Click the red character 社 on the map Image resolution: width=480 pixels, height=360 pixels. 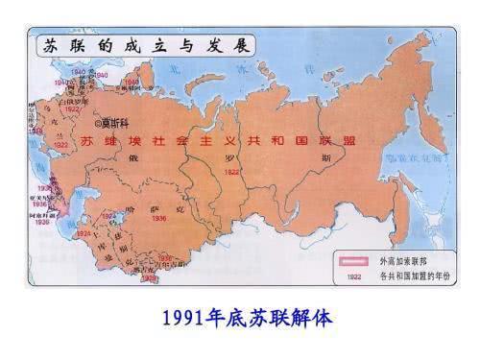point(168,141)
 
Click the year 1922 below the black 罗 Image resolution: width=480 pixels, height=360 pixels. point(231,172)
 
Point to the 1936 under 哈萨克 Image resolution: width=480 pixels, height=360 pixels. point(158,218)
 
